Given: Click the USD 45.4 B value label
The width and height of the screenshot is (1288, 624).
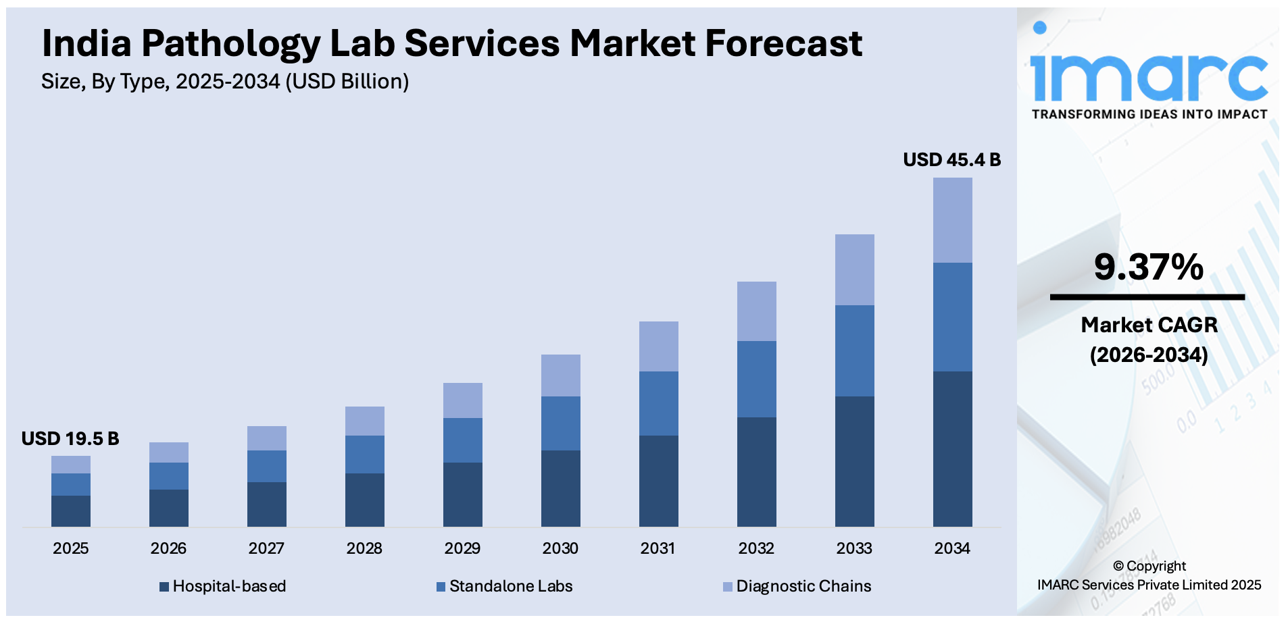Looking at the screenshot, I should [x=951, y=160].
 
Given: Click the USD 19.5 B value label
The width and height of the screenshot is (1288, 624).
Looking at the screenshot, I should [x=70, y=439].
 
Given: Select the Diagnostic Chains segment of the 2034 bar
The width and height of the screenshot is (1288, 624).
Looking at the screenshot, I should [x=952, y=220].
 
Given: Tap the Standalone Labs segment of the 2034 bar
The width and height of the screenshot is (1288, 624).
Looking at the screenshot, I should [x=952, y=317].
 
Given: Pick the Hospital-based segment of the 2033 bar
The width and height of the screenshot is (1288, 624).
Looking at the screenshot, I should [x=854, y=461].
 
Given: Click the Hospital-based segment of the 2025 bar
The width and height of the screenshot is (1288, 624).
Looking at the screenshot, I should [x=71, y=511].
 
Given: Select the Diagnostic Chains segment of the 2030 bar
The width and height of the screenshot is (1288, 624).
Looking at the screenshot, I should [x=560, y=375].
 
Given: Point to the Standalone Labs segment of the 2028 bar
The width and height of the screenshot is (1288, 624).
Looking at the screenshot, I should [x=364, y=454].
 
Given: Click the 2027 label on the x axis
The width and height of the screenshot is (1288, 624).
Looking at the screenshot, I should [x=266, y=548].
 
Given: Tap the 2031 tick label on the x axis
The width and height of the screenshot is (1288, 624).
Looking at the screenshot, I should [x=658, y=548].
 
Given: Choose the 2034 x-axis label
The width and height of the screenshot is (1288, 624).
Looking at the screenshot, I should [x=951, y=548].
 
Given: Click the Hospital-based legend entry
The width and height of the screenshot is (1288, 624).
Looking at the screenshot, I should [x=223, y=586].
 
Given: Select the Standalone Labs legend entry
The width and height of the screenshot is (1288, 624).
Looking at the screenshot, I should [x=505, y=586].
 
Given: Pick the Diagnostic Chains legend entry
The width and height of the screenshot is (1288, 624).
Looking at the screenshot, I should [x=797, y=586].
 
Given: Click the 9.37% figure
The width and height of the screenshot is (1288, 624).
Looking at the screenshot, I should [x=1148, y=267].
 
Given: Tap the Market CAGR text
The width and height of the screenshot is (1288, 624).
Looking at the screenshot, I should [x=1149, y=325].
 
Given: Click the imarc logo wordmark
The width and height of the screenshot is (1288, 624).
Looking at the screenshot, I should [x=1149, y=76].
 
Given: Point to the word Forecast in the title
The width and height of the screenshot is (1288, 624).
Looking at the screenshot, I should [x=783, y=44].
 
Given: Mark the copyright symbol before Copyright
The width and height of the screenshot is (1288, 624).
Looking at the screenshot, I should [x=1118, y=567].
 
